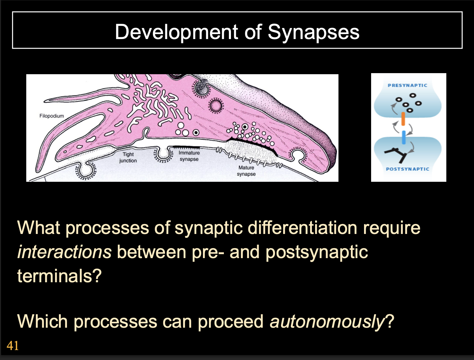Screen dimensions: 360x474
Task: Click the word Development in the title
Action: point(176,32)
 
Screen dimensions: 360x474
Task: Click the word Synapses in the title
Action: point(313,32)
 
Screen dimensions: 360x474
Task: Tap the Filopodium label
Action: point(52,116)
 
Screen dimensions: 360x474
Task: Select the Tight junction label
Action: point(128,157)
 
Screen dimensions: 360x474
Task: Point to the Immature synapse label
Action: point(189,156)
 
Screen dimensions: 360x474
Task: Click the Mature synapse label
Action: point(246,171)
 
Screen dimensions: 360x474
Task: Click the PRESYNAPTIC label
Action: point(407,86)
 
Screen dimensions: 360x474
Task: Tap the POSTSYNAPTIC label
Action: point(407,169)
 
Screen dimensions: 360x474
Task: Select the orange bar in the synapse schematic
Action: point(403,119)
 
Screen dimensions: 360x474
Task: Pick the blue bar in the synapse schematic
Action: point(403,137)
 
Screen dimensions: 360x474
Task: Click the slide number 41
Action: point(13,345)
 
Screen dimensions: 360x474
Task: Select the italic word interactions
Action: point(64,252)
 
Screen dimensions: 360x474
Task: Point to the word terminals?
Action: point(59,276)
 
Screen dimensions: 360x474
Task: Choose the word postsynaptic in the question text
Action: point(316,252)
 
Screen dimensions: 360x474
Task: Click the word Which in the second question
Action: point(43,321)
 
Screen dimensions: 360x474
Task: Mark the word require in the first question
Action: point(391,228)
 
